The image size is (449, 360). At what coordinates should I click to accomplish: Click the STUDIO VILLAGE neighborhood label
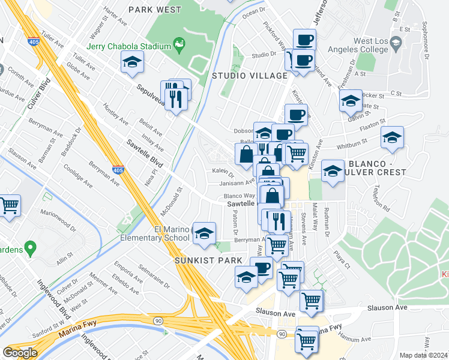pyautogui.click(x=250, y=76)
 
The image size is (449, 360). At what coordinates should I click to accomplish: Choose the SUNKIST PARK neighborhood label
pyautogui.click(x=208, y=260)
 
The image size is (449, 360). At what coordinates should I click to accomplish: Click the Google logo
pyautogui.click(x=20, y=352)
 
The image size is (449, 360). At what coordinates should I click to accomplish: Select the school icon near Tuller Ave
pyautogui.click(x=131, y=61)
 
